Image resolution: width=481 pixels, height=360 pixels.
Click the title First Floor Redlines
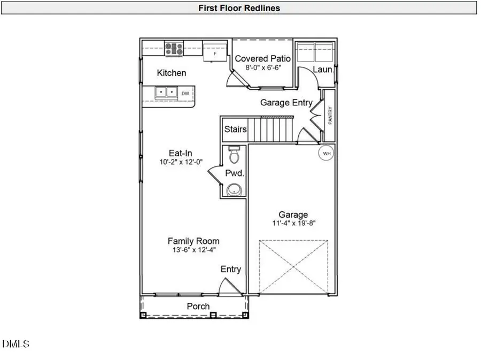239,7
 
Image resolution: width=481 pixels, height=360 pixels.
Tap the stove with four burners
174,49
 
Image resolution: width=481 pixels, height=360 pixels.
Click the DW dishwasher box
185,93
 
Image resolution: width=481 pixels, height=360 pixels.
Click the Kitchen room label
171,73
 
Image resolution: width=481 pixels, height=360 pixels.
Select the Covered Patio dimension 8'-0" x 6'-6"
263,68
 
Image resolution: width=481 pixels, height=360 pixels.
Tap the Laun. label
323,70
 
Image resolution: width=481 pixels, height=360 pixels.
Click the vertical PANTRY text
330,116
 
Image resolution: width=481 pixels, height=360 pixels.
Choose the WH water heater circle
325,154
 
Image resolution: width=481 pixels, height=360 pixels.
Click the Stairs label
235,129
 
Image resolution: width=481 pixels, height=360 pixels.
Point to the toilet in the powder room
234,156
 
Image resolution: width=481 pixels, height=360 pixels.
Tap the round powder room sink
234,189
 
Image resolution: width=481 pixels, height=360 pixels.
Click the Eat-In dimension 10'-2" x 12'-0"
181,162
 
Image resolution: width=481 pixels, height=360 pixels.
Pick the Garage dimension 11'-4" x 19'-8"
293,224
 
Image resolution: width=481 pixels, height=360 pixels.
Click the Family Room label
193,241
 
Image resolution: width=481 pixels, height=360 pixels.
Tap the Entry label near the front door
231,269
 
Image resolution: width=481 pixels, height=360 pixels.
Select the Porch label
198,307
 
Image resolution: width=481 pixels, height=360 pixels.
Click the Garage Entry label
286,102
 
